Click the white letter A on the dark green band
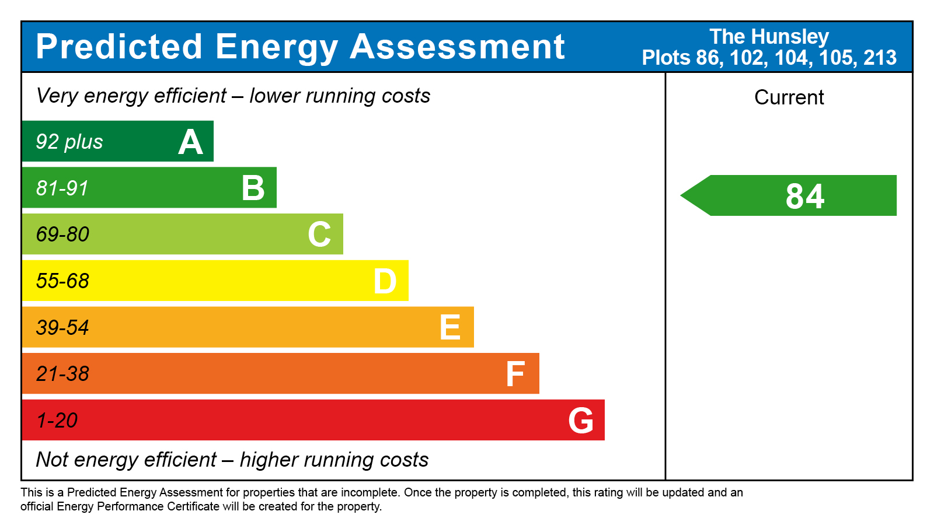(x=190, y=142)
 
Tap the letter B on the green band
(x=253, y=188)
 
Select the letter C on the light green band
(x=319, y=235)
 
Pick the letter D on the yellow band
(x=385, y=281)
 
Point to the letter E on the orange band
(x=450, y=327)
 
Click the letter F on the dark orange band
(x=515, y=374)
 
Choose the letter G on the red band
(x=581, y=421)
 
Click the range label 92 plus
(x=69, y=142)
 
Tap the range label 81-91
(x=62, y=188)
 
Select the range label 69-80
(x=62, y=235)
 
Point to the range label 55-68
(x=62, y=281)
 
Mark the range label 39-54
(x=62, y=327)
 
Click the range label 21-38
(x=62, y=374)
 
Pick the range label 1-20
(x=57, y=421)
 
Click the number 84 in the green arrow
(x=805, y=196)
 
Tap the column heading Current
(x=789, y=97)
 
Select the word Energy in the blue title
(x=276, y=47)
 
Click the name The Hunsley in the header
(x=769, y=37)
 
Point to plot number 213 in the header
(x=880, y=58)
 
